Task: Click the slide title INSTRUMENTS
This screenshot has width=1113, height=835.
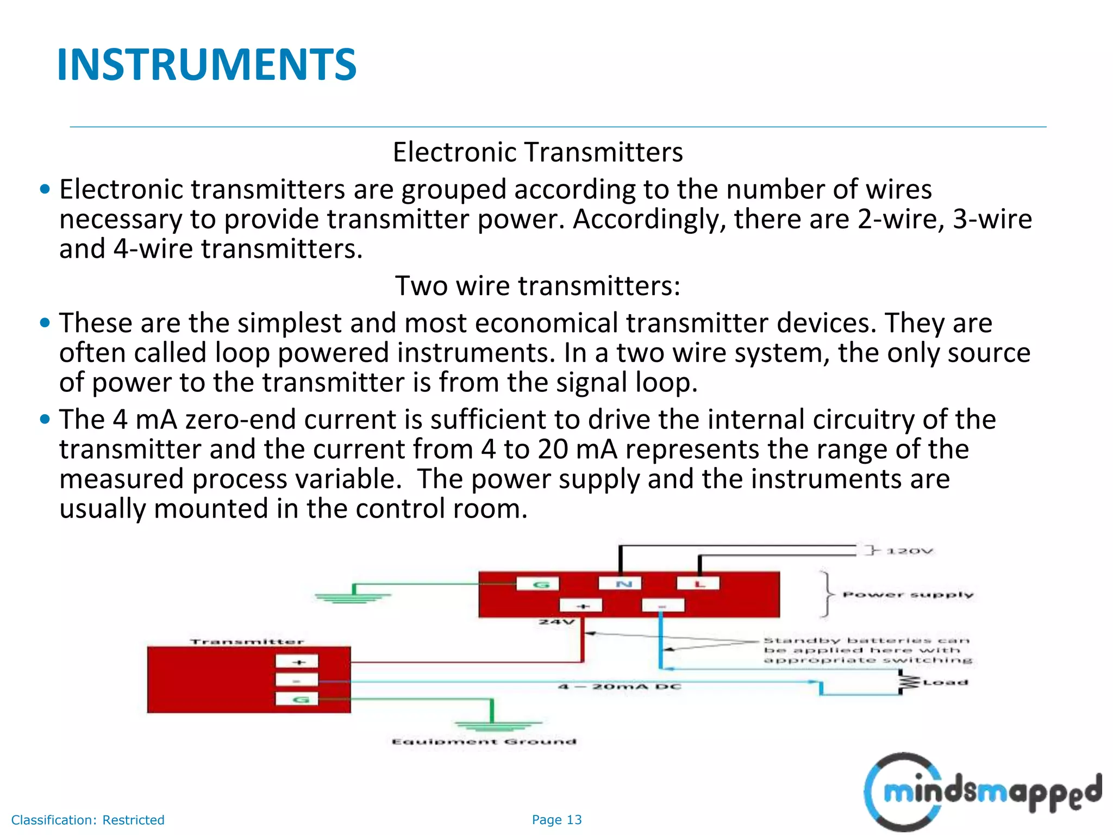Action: pyautogui.click(x=207, y=65)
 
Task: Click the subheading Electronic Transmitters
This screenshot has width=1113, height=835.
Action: pyautogui.click(x=537, y=152)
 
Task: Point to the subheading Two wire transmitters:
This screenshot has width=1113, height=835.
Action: pyautogui.click(x=537, y=286)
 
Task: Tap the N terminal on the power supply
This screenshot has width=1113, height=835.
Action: pyautogui.click(x=620, y=584)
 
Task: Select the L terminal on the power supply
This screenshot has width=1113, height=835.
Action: pyautogui.click(x=698, y=584)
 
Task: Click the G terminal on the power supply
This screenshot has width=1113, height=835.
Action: pyautogui.click(x=537, y=584)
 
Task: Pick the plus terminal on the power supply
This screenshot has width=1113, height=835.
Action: pyautogui.click(x=581, y=605)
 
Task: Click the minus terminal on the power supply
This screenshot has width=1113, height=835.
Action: pyautogui.click(x=662, y=605)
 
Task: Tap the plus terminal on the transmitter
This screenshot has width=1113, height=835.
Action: pyautogui.click(x=297, y=662)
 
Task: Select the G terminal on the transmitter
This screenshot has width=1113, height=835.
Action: pyautogui.click(x=297, y=699)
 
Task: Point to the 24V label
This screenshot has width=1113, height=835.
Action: pyautogui.click(x=556, y=622)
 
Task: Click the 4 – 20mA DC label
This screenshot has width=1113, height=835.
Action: pyautogui.click(x=620, y=687)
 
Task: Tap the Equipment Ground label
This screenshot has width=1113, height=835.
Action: pyautogui.click(x=484, y=741)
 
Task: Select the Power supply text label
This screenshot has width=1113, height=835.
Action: pyautogui.click(x=908, y=595)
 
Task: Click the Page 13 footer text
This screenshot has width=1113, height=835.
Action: pyautogui.click(x=556, y=820)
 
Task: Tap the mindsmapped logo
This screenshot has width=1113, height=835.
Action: pyautogui.click(x=983, y=792)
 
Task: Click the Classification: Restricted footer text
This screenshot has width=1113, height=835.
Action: pyautogui.click(x=87, y=820)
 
